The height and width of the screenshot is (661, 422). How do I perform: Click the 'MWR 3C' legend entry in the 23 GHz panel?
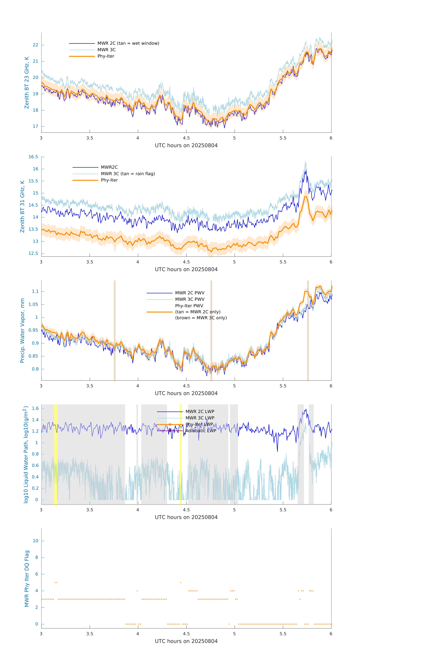tap(106, 50)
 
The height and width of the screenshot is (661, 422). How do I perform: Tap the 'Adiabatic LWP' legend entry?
tap(201, 431)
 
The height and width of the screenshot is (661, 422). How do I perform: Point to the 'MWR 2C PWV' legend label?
tap(190, 293)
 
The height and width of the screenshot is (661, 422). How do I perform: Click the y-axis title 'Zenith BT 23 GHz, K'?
tap(27, 83)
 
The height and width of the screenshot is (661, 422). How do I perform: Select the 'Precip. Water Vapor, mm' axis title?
tap(22, 330)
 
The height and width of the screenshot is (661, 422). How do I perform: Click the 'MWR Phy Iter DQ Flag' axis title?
tap(27, 579)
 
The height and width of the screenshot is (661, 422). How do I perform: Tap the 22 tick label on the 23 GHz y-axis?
tap(35, 45)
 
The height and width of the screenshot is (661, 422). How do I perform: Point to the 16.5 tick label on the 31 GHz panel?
tap(33, 157)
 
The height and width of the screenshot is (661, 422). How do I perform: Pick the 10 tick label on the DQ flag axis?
tap(35, 541)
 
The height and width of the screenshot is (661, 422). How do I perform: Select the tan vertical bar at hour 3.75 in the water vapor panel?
tap(115, 330)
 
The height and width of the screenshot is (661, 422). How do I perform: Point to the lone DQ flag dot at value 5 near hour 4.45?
tap(181, 582)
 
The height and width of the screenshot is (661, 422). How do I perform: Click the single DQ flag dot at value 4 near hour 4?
tap(137, 591)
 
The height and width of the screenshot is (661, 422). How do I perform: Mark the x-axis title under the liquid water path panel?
tap(186, 517)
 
